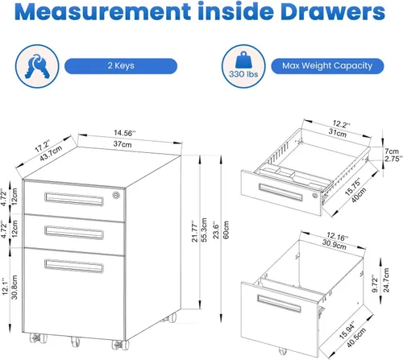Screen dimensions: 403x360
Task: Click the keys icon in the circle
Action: pos(37,66)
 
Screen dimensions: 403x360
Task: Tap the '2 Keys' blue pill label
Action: pos(121,66)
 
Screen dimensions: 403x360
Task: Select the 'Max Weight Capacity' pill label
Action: pos(327,66)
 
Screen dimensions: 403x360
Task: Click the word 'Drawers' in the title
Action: pos(333,11)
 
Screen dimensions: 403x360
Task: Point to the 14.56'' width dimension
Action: pos(125,133)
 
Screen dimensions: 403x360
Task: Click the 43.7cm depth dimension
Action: pos(51,154)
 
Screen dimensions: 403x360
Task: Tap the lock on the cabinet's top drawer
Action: pos(116,195)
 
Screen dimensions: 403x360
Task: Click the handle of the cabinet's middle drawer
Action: pos(74,233)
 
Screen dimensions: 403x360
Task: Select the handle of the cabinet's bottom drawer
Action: pos(74,266)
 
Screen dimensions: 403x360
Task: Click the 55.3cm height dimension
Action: pos(204,230)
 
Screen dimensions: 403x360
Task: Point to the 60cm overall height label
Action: pos(226,230)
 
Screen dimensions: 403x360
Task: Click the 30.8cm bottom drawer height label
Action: pos(15,288)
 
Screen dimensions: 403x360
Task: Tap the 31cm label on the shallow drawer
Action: pos(338,133)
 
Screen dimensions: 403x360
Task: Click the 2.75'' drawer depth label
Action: pos(393,159)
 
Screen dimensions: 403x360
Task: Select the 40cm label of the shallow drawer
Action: pos(359,195)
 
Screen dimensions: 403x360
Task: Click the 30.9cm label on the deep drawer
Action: pos(334,245)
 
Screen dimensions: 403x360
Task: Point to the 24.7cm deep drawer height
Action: pos(386,280)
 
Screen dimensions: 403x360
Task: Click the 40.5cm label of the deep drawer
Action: pos(356,337)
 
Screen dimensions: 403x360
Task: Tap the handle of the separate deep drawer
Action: pos(279,304)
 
